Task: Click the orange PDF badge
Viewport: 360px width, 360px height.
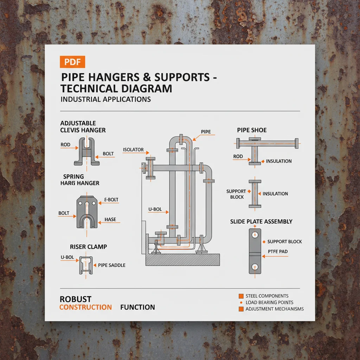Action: click(73, 62)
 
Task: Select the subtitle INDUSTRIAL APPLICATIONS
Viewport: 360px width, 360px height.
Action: click(105, 99)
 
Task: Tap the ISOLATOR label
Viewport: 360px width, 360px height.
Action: click(133, 150)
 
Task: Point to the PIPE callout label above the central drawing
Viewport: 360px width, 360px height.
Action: click(206, 131)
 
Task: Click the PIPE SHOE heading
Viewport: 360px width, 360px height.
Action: click(252, 130)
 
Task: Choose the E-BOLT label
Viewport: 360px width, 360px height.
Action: click(111, 200)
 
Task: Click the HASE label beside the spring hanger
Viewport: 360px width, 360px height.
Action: click(110, 220)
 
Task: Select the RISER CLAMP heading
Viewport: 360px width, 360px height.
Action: click(88, 247)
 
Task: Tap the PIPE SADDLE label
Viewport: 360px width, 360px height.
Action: click(111, 265)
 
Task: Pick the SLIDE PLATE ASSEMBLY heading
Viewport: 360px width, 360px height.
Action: click(261, 221)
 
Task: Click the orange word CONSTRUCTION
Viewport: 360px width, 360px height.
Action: click(85, 307)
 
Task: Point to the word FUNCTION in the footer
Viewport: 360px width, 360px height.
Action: click(137, 307)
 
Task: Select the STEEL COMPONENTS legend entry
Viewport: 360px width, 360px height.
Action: click(267, 296)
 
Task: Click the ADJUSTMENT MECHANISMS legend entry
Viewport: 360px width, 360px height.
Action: click(274, 309)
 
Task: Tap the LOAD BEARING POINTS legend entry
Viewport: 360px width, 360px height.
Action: click(269, 302)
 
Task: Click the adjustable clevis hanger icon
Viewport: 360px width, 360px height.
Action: click(86, 152)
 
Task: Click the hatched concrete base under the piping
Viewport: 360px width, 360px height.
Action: click(183, 260)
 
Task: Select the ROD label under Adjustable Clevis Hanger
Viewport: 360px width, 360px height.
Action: click(65, 144)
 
